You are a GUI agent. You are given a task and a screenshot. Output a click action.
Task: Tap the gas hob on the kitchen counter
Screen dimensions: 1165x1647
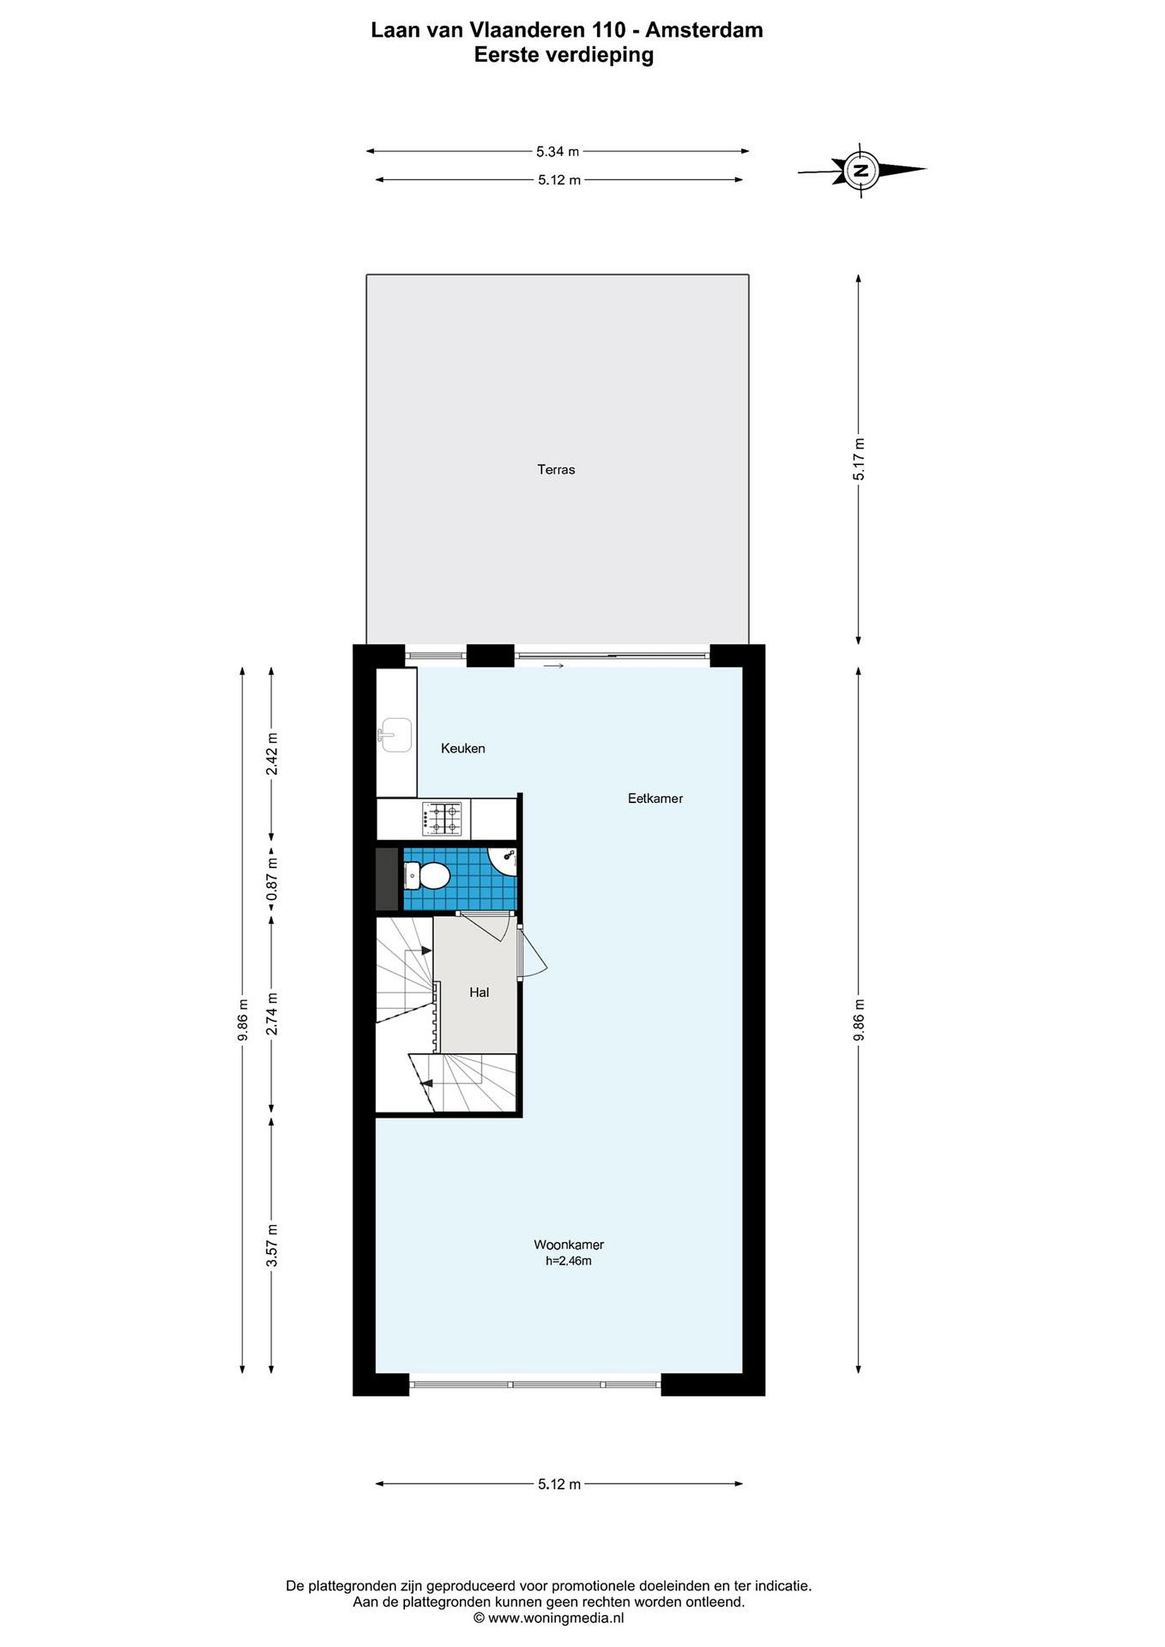[442, 818]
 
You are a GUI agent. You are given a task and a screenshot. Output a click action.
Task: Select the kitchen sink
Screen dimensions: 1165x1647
[395, 734]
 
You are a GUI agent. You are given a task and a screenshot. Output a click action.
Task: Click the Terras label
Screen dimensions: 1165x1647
[556, 470]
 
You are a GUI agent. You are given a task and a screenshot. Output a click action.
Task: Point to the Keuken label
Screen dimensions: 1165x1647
[463, 748]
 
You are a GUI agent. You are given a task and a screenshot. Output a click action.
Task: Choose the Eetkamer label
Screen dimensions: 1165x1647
[655, 798]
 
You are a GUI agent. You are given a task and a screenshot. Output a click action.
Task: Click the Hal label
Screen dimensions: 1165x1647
[479, 992]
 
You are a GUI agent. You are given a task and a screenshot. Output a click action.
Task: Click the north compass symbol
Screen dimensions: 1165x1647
[861, 170]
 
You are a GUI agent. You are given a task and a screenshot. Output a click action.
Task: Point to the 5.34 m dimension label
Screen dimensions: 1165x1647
[558, 152]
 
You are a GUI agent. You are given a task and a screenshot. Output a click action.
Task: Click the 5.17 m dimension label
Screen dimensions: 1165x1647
[858, 459]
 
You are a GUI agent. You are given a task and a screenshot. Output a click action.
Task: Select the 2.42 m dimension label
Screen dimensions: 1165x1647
[272, 753]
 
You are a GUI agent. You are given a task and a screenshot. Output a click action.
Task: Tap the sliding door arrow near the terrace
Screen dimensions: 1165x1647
[553, 666]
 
